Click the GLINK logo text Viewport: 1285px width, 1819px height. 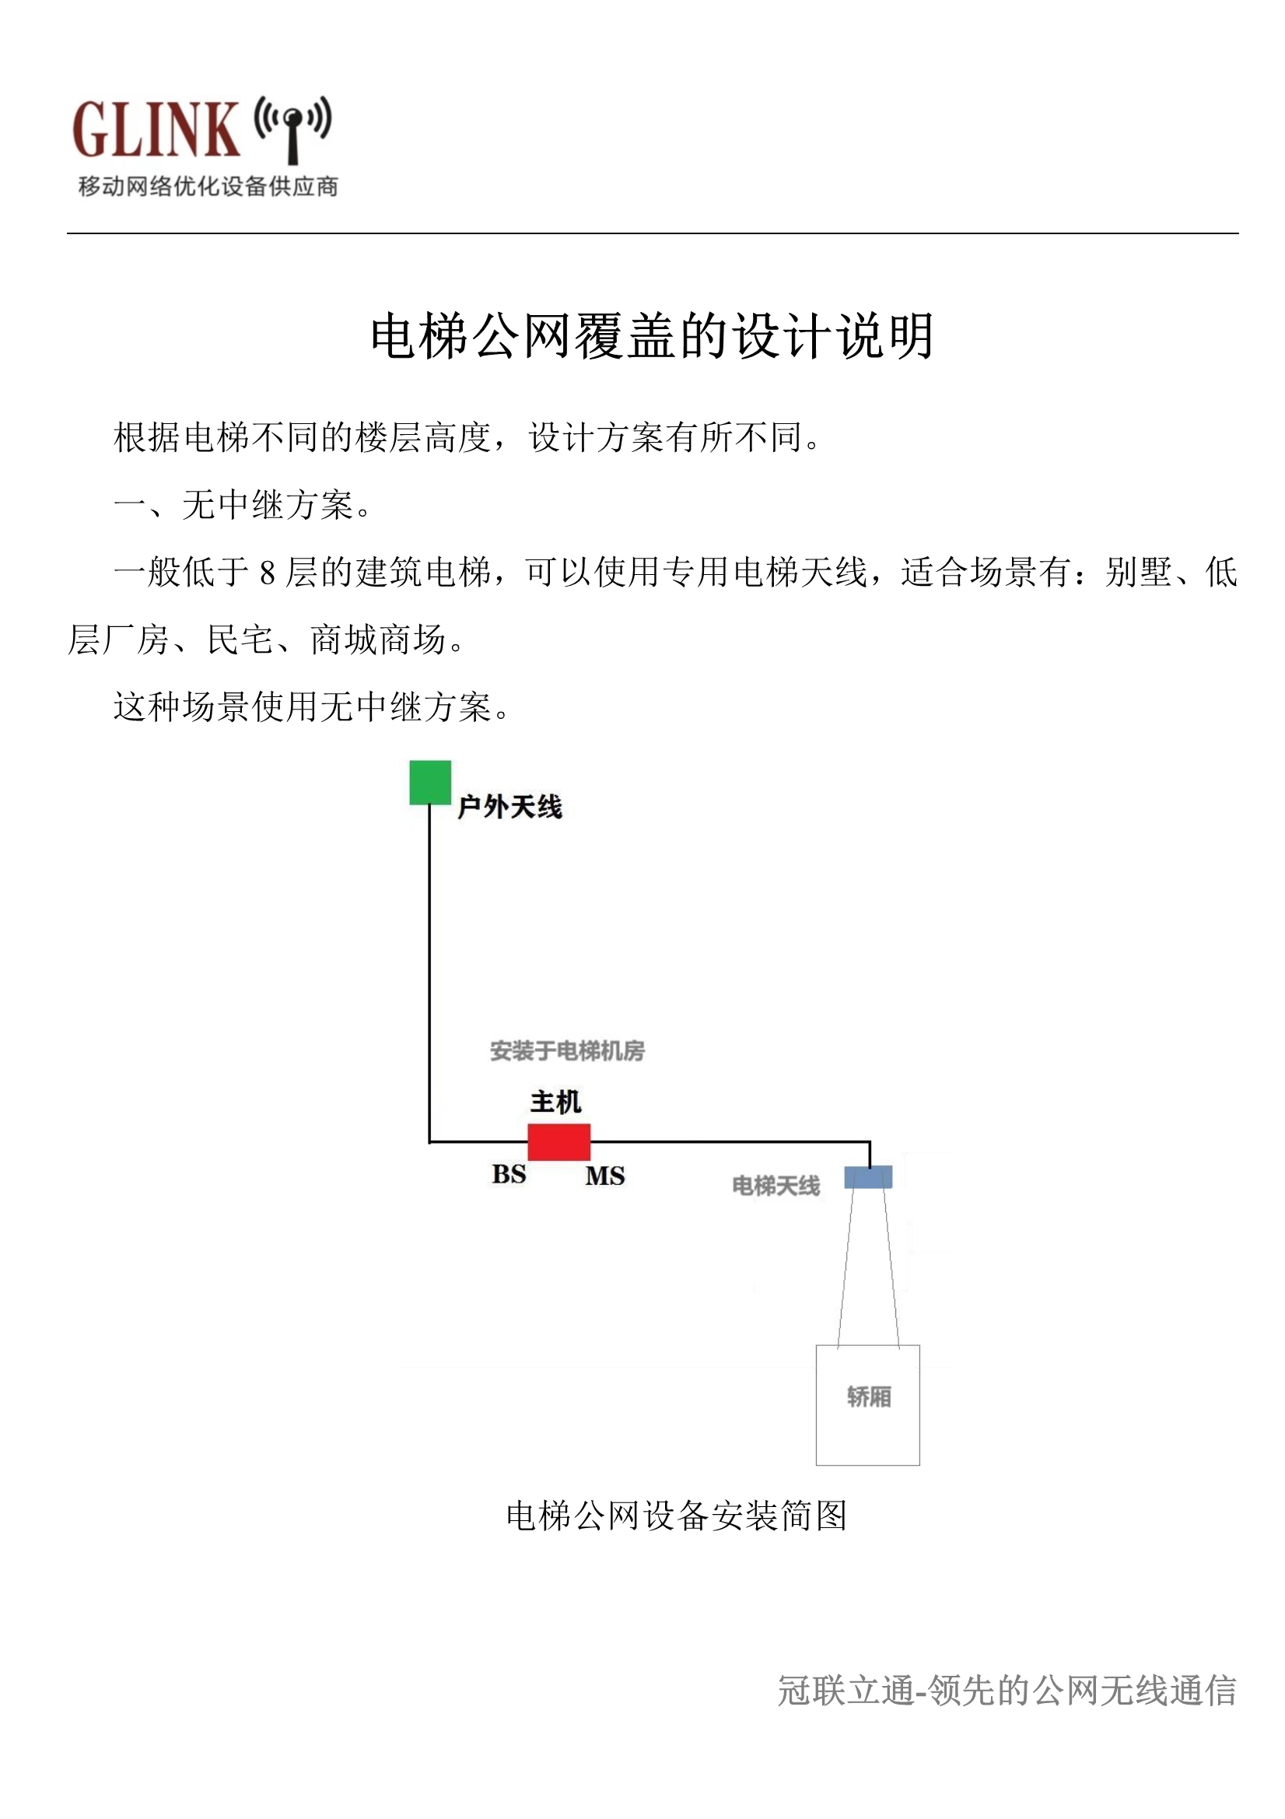coord(156,129)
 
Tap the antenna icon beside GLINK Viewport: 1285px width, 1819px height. coord(292,129)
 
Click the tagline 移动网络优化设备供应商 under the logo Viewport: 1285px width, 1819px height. coord(208,187)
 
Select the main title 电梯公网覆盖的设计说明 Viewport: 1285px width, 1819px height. coord(652,336)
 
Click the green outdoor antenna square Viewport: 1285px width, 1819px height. coord(430,782)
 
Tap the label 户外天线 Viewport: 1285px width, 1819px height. coord(510,808)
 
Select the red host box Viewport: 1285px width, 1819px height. coord(558,1141)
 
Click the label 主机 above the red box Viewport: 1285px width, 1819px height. coord(555,1102)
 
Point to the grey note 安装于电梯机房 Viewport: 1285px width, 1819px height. coord(567,1050)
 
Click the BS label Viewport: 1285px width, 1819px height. coord(509,1174)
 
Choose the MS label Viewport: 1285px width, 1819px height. coord(605,1176)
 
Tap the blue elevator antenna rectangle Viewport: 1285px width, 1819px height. coord(868,1176)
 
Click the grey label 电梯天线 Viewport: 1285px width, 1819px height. coord(776,1186)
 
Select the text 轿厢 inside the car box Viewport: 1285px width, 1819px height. coord(869,1397)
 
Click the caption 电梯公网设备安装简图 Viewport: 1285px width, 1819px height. coord(677,1516)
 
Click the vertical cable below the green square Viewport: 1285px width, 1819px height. coord(429,973)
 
